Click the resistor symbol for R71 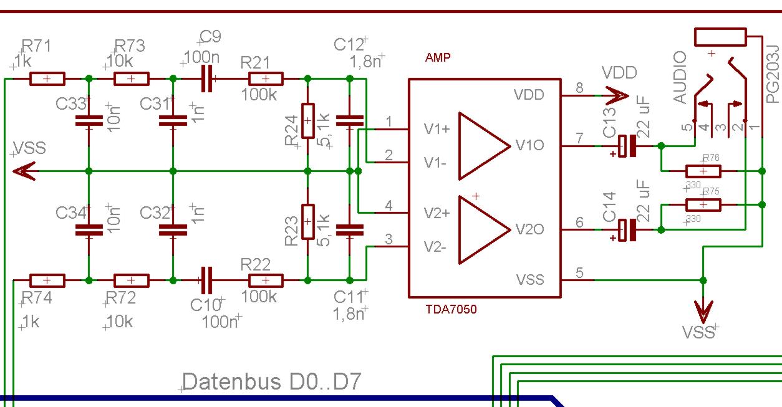47,79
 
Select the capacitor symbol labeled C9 207,79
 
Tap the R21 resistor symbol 266,79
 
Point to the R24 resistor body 308,121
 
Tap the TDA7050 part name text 451,309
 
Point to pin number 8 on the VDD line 579,88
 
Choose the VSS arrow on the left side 25,171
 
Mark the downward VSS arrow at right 703,309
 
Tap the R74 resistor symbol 47,280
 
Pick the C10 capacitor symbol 207,280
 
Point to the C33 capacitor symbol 89,121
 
